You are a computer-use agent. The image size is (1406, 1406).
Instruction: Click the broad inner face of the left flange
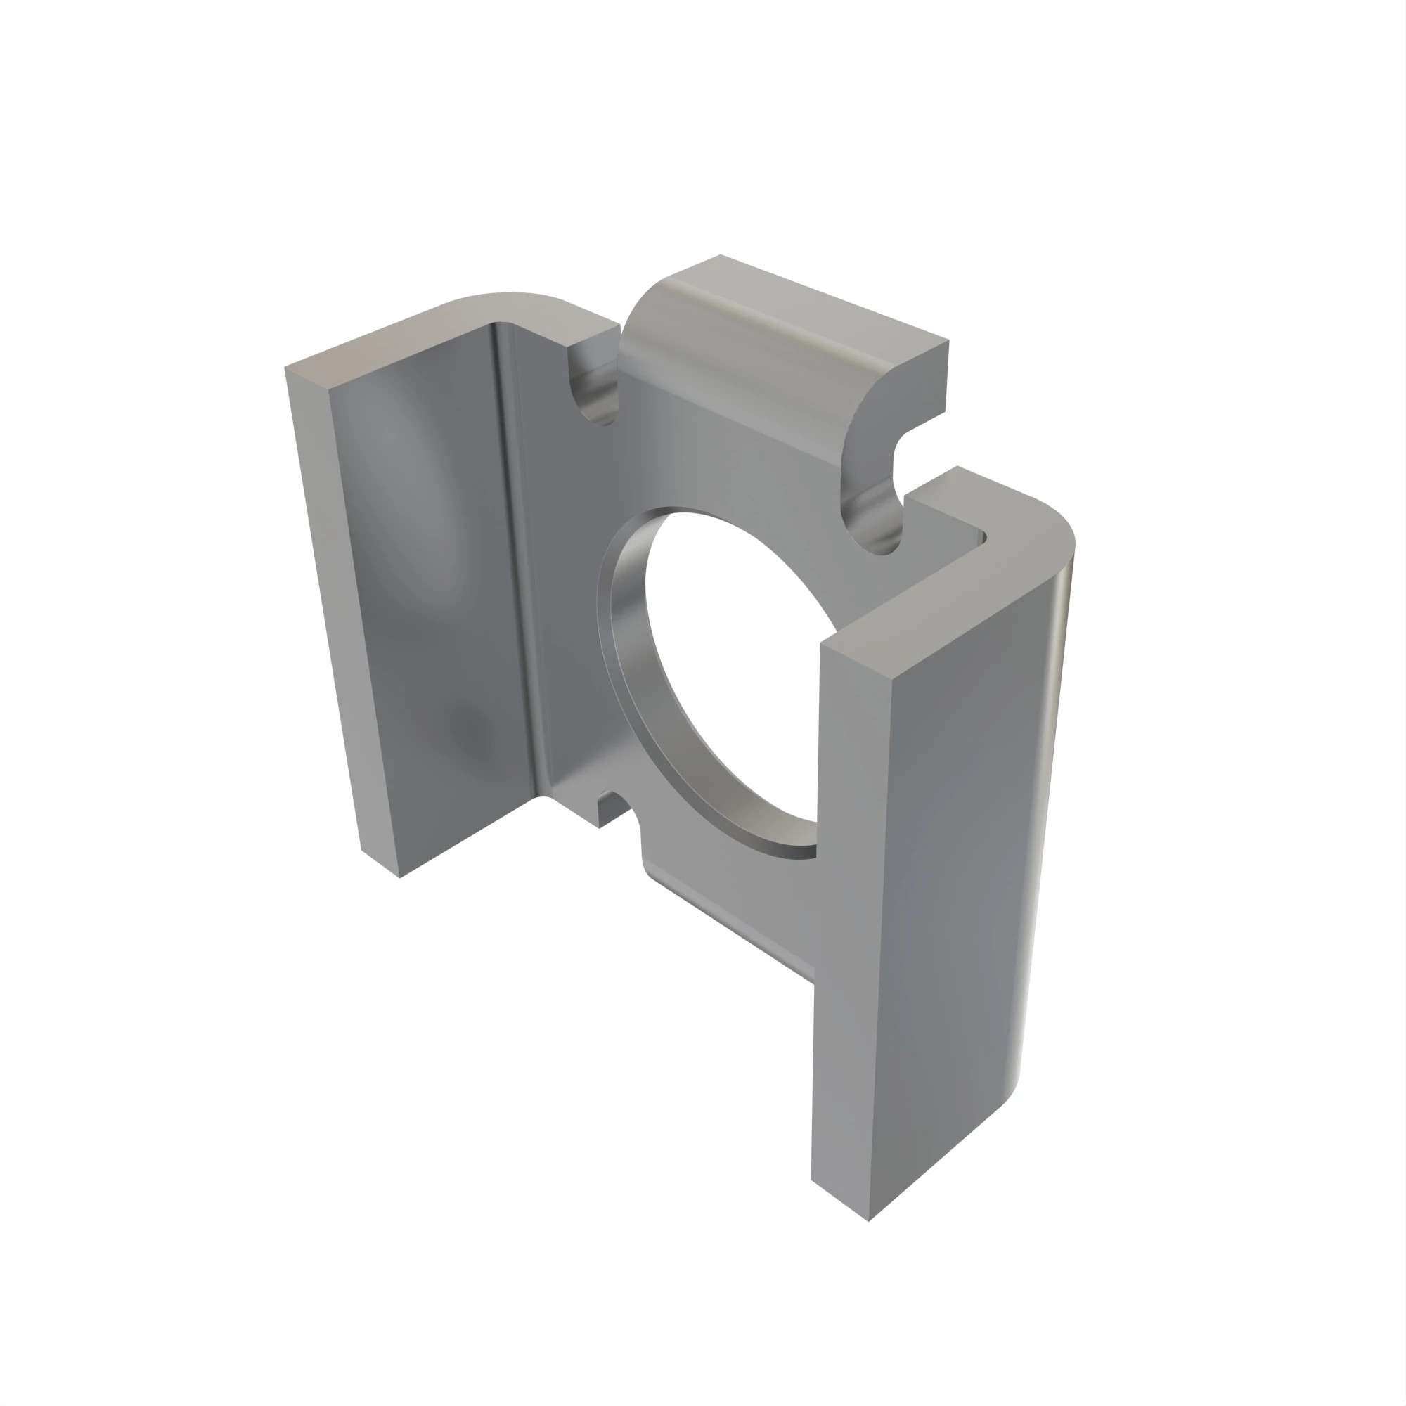pyautogui.click(x=430, y=582)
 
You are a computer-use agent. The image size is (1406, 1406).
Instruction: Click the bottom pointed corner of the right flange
pyautogui.click(x=868, y=1219)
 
